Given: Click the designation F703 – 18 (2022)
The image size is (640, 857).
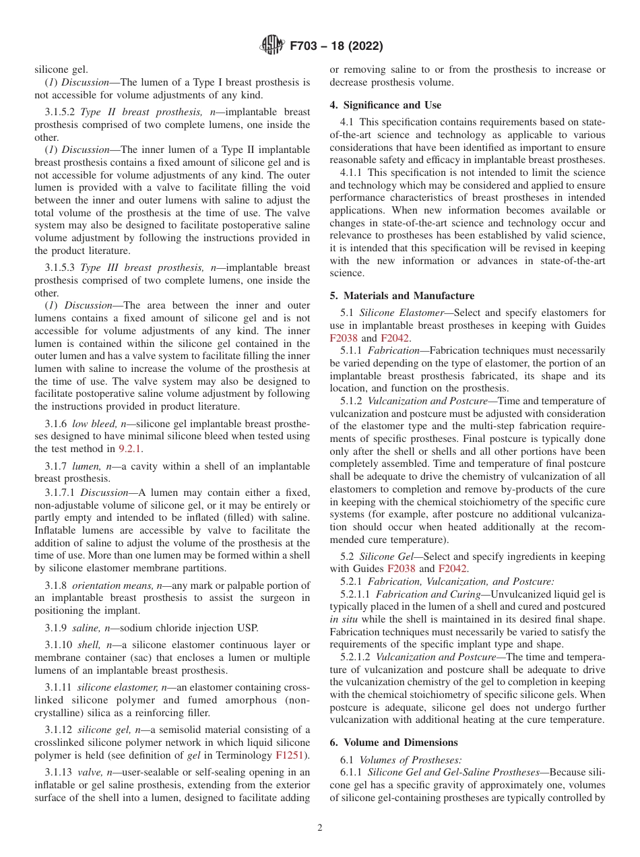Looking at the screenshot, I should click(x=335, y=46).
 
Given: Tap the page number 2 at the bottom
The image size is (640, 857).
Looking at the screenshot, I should click(x=320, y=828).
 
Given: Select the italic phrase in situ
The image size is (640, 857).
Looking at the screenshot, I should click(x=342, y=619).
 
